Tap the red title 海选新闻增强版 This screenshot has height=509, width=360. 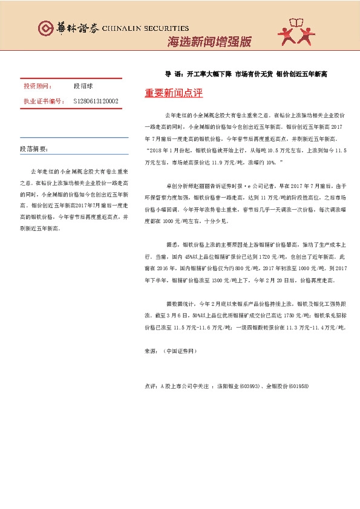click(x=208, y=42)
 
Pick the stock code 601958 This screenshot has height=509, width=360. click(x=296, y=386)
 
